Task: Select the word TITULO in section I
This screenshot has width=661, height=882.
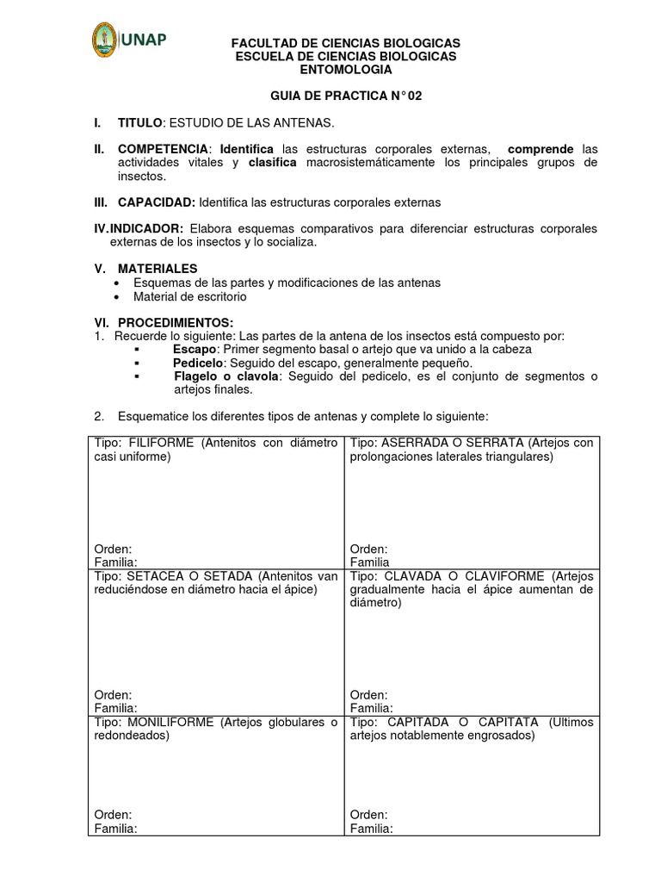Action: [x=139, y=123]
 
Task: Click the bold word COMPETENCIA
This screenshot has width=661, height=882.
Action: [x=163, y=149]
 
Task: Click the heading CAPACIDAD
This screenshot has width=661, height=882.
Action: [x=156, y=202]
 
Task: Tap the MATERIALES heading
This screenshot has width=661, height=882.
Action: [x=158, y=269]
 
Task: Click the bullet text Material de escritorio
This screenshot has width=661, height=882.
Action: [x=189, y=296]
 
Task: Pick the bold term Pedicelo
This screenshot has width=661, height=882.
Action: [x=197, y=363]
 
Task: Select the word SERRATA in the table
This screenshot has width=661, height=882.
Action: [x=490, y=443]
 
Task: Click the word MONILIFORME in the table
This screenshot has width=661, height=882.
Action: [x=171, y=722]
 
